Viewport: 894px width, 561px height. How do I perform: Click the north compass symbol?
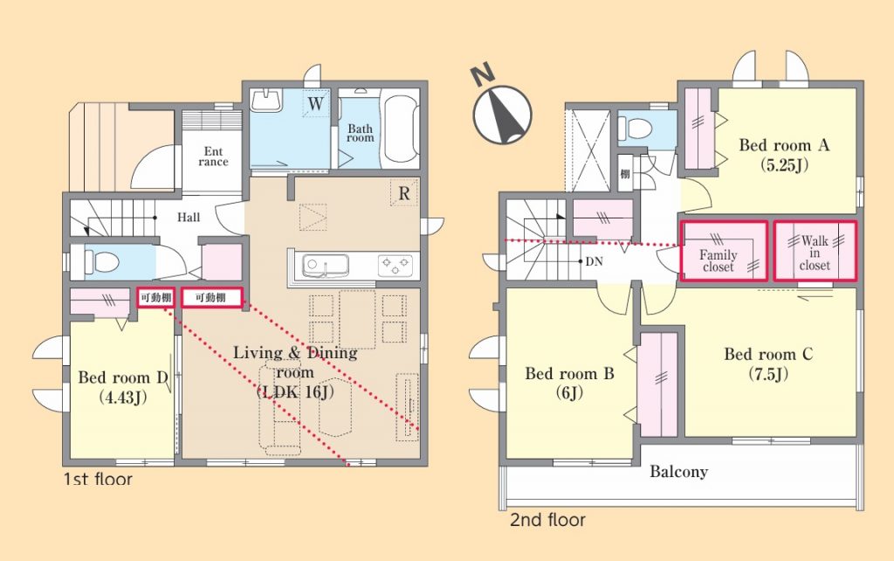pos(501,108)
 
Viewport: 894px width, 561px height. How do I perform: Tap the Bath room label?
pos(361,133)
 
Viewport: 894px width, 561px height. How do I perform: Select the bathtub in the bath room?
pos(402,129)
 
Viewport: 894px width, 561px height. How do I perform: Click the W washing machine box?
pos(315,103)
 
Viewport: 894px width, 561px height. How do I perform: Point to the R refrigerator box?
pos(404,193)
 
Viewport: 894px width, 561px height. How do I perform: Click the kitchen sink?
pos(326,266)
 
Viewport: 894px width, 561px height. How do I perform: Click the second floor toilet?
pos(636,128)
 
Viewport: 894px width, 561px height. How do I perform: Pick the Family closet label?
pos(718,260)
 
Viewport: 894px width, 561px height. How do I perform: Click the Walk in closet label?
pos(815,253)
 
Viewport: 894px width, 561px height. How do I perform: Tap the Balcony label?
pos(678,472)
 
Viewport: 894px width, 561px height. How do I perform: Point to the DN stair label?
pos(594,261)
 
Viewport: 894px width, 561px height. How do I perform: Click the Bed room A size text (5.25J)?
pos(785,165)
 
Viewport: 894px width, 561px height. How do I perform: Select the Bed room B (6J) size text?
pos(569,392)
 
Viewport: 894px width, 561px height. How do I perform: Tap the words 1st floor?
pos(98,479)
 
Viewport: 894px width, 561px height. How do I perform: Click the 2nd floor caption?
pos(547,520)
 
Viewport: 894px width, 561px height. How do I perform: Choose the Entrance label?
pos(213,156)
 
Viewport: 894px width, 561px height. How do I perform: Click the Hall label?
pos(189,217)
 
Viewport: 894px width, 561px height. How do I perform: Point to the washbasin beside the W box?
pos(266,101)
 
